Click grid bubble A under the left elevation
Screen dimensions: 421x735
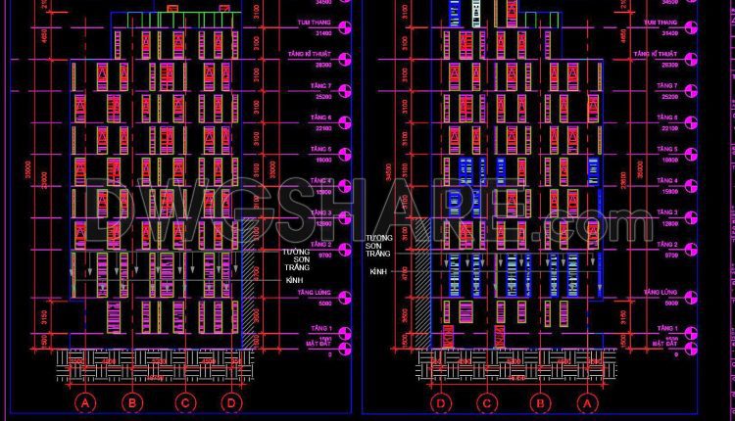coord(86,402)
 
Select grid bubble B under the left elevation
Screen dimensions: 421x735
coord(131,402)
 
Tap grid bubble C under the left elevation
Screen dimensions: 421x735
coord(184,402)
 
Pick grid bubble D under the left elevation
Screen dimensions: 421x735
coord(230,402)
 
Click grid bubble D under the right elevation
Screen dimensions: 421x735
coord(442,402)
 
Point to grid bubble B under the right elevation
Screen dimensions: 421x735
coord(538,402)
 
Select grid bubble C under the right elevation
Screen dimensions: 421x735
coord(485,402)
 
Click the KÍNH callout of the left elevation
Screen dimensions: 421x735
coord(294,280)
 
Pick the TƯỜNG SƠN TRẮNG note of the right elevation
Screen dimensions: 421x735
coord(378,246)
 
